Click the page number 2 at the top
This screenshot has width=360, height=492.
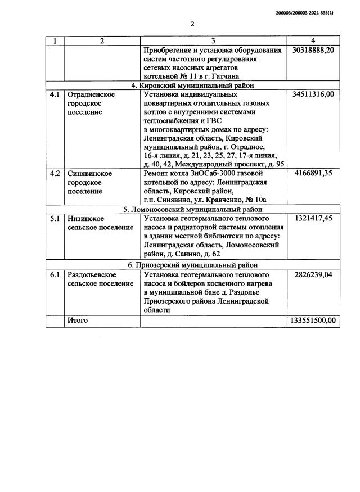point(192,24)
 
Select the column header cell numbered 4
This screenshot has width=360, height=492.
point(313,41)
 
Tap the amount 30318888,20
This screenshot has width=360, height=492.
point(313,50)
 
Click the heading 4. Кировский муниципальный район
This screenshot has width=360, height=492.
point(192,85)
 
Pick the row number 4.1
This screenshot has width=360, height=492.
point(55,94)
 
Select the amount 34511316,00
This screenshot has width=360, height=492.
point(313,94)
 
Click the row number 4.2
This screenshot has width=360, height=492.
point(55,174)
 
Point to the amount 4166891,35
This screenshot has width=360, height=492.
point(313,174)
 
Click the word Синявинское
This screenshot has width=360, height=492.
point(89,174)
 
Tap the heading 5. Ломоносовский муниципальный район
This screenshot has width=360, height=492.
point(192,209)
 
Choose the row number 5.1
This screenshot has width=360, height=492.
point(55,218)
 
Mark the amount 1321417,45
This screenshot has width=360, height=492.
point(313,218)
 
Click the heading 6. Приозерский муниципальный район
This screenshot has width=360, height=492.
point(192,265)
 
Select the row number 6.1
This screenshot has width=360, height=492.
point(55,274)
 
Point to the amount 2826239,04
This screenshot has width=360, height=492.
point(313,274)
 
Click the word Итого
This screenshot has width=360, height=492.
point(77,320)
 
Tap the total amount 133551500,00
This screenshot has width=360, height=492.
point(313,321)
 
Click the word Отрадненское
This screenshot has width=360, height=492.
point(91,94)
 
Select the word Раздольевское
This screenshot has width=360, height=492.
point(92,274)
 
